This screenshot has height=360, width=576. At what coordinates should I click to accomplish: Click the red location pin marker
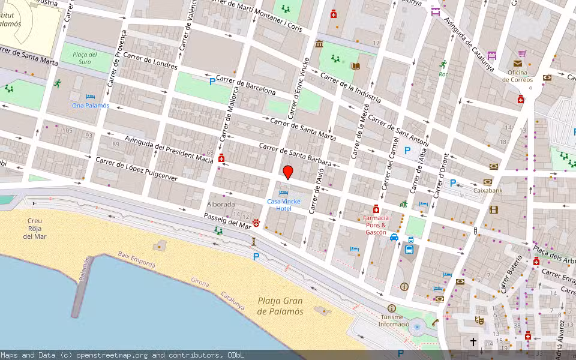(x=288, y=172)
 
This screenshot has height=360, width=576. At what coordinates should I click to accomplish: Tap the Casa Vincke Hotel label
(x=284, y=205)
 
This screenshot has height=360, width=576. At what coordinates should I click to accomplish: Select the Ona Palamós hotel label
(x=91, y=105)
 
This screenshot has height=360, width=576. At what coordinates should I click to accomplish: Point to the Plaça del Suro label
(x=85, y=58)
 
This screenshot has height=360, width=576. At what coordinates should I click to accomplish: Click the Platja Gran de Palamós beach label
(x=280, y=306)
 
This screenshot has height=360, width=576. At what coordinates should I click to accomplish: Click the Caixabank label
(x=487, y=190)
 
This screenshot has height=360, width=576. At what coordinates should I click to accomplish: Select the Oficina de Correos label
(x=518, y=75)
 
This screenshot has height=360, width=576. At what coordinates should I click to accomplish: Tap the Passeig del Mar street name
(x=227, y=221)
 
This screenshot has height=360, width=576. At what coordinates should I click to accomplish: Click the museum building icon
(x=319, y=44)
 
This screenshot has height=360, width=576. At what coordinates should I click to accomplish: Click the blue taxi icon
(x=394, y=237)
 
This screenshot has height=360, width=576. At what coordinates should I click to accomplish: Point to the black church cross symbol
(x=473, y=342)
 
